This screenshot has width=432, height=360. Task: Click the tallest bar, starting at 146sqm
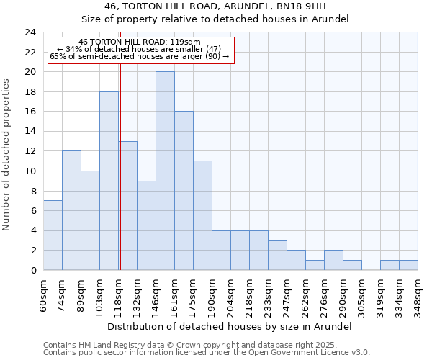(165, 171)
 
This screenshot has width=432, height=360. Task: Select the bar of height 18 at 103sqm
(109, 181)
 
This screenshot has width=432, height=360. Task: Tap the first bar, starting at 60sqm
(53, 235)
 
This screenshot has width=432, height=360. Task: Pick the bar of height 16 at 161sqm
(184, 191)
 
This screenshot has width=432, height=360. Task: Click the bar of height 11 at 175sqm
(202, 215)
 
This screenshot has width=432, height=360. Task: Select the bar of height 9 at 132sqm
(146, 225)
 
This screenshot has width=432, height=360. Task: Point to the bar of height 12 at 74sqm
(71, 210)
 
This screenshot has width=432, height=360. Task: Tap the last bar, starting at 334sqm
(408, 265)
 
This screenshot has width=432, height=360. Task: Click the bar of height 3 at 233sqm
(277, 256)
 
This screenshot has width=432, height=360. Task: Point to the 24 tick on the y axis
(30, 32)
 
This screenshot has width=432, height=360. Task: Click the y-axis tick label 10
(30, 171)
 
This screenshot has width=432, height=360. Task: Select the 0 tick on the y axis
(33, 271)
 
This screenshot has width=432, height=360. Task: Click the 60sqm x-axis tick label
(43, 292)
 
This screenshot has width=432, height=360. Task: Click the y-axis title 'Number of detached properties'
(7, 155)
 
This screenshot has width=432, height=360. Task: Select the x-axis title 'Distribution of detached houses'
(230, 327)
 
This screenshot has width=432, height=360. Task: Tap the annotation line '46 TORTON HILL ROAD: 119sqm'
(140, 42)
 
